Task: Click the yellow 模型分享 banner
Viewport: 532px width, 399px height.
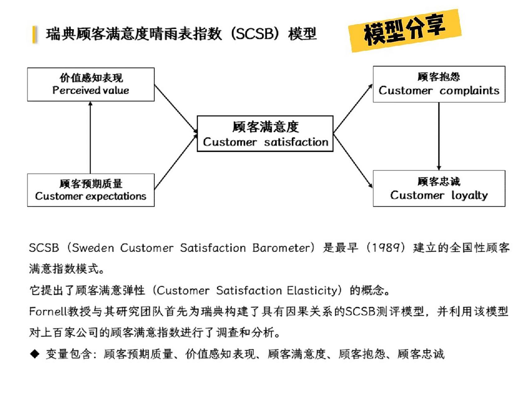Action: tap(405, 31)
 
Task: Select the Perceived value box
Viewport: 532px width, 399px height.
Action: tap(91, 84)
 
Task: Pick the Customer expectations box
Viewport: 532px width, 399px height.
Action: tap(91, 190)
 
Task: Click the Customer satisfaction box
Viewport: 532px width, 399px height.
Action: tap(265, 134)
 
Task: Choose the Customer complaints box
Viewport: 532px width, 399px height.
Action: tap(439, 84)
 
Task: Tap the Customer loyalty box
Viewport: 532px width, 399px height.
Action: tap(439, 188)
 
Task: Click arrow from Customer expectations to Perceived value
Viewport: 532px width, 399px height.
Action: tap(90, 137)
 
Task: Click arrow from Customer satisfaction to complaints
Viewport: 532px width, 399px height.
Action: tap(353, 108)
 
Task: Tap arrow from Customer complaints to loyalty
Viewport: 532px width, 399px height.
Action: tap(439, 136)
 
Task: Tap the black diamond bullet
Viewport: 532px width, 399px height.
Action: tap(35, 354)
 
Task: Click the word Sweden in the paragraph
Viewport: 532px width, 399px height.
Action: tap(93, 248)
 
